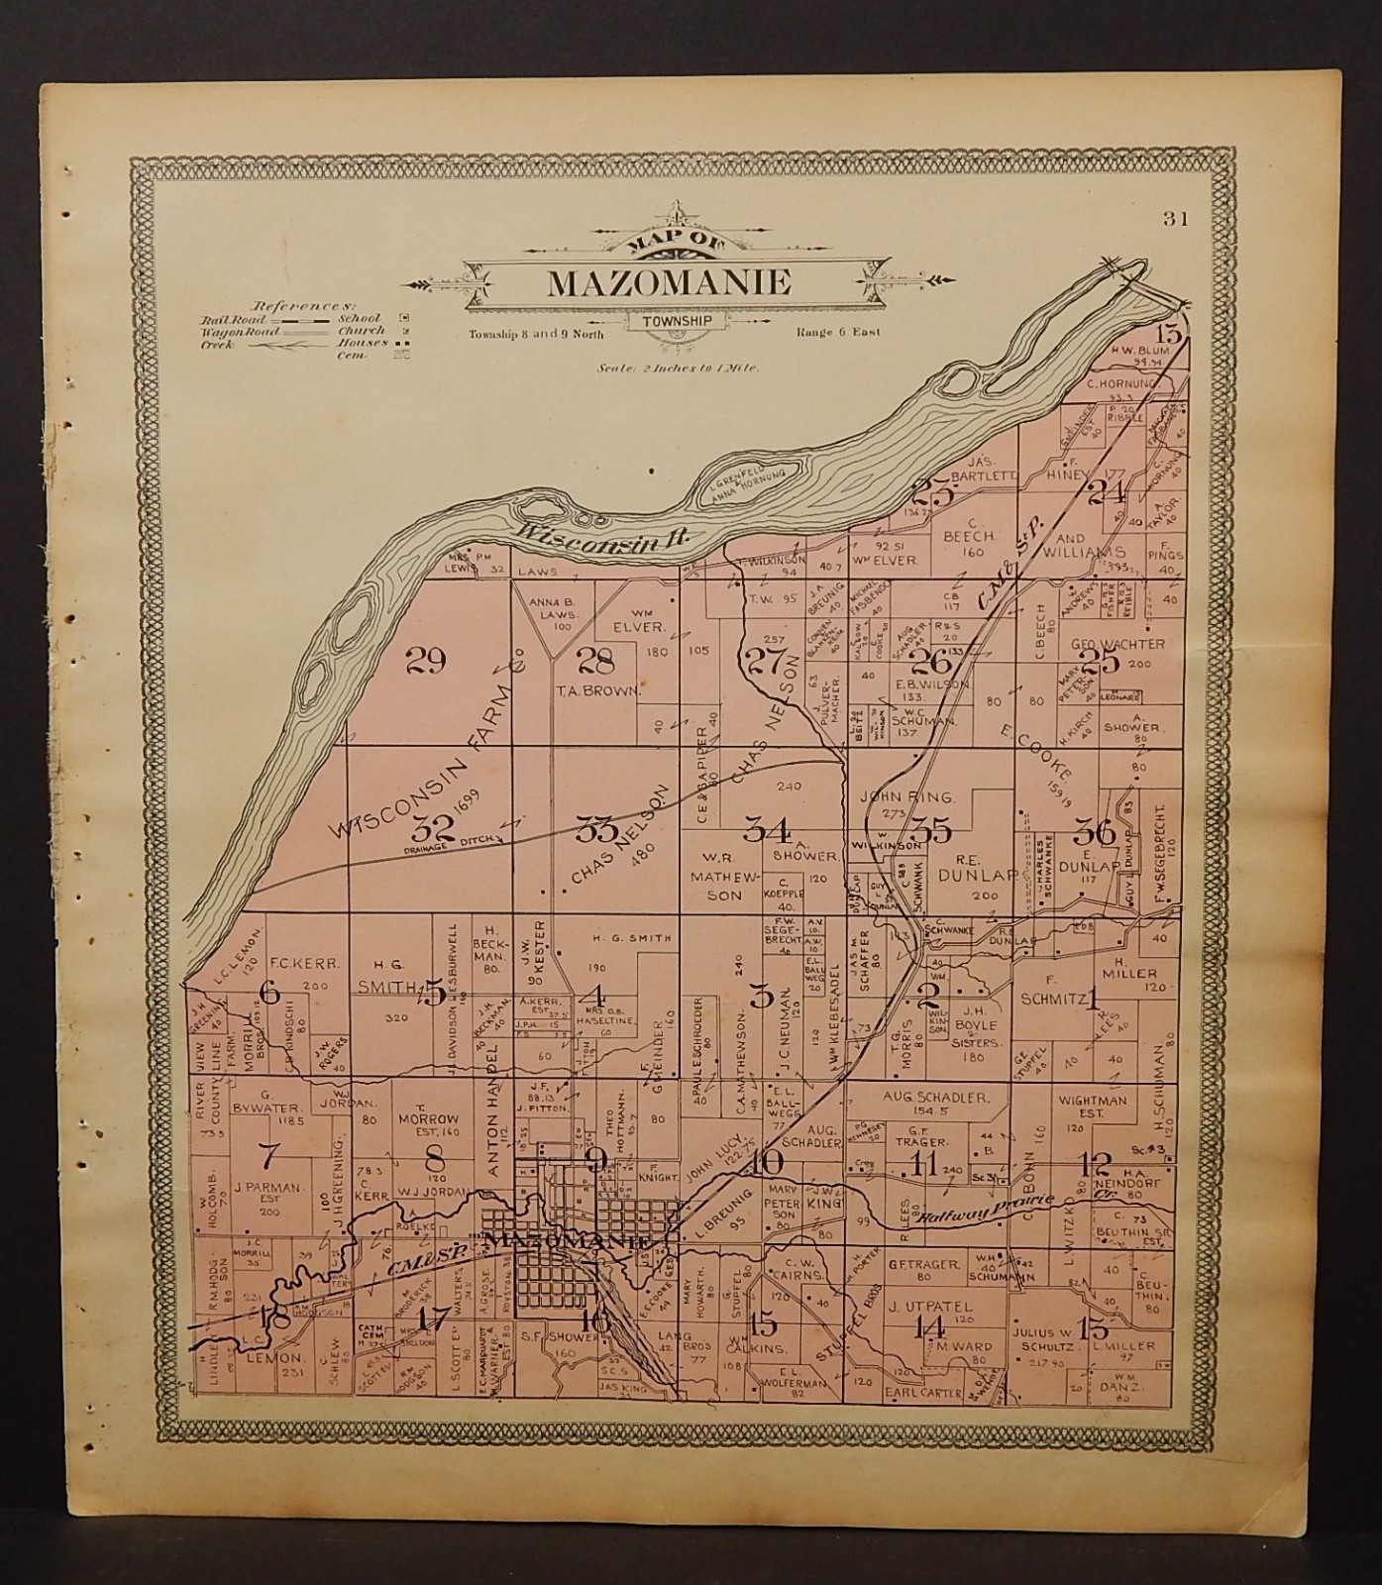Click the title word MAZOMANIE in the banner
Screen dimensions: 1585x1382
669,283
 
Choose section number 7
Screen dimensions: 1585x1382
266,1154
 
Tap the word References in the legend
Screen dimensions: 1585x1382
287,306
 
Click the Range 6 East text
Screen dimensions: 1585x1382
837,334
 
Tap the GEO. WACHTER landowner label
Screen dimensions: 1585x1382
1117,644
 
